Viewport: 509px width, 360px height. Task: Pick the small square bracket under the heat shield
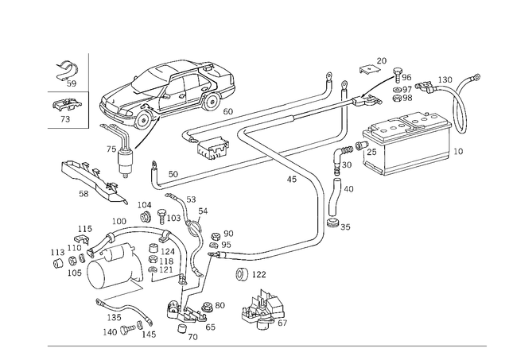click(x=212, y=146)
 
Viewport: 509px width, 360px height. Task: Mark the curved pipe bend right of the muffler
click(x=459, y=111)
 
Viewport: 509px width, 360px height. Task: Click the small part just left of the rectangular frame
click(x=60, y=254)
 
